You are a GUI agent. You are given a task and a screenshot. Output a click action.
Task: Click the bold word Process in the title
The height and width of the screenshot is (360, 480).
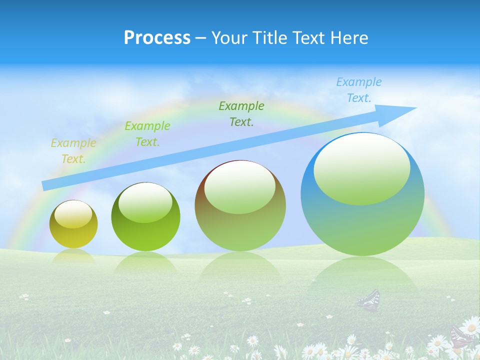coord(157,38)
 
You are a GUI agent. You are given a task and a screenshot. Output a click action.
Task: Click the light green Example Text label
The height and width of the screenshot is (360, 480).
coord(147,134)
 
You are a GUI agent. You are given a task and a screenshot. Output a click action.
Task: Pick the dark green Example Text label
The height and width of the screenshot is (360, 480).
coord(241,113)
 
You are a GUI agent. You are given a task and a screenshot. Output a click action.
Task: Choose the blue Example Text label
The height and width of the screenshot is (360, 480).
coord(358,90)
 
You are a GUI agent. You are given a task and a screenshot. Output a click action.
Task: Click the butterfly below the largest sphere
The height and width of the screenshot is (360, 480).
coord(369,300)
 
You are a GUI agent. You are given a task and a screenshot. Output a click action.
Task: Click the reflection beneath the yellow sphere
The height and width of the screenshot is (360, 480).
coord(73,256)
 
